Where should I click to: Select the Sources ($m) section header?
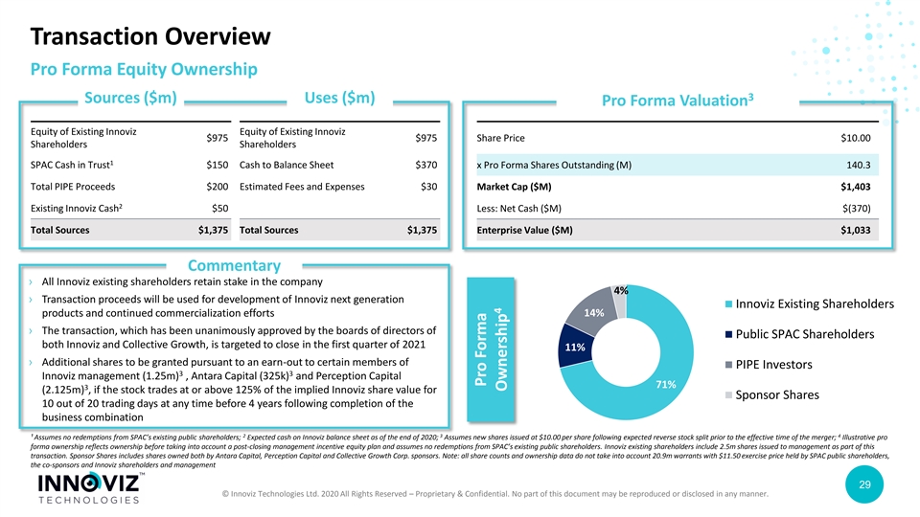[130, 99]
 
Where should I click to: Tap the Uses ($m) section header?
[338, 99]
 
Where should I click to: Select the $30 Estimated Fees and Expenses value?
[429, 188]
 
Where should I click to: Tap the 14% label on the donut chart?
[593, 313]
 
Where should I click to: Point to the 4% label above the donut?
[621, 290]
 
